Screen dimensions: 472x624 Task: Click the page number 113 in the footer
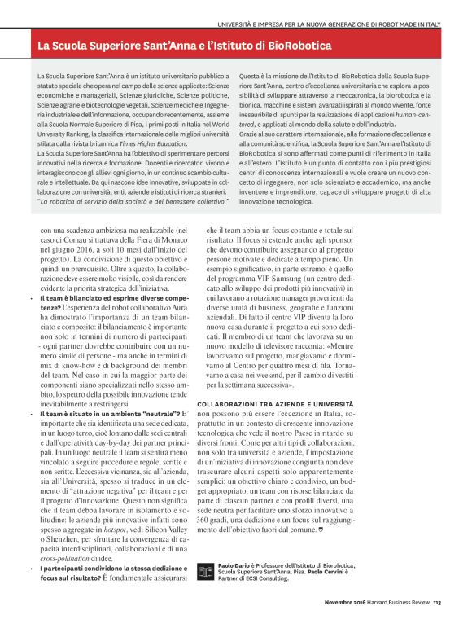click(436, 604)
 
